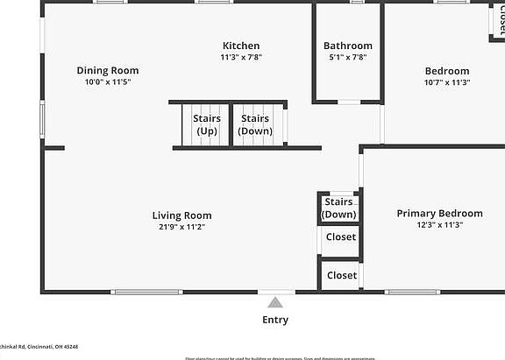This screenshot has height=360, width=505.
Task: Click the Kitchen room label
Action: tap(240, 46)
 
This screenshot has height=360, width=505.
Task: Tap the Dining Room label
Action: tap(107, 71)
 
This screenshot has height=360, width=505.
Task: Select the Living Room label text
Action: tap(181, 215)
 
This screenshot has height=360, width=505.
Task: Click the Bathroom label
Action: tap(347, 46)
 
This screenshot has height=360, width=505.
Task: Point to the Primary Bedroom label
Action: tap(439, 213)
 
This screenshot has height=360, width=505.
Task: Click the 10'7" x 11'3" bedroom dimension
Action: tap(447, 82)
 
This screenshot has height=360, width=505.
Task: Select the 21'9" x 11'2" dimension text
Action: tap(181, 227)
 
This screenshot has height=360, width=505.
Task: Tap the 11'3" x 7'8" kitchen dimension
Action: tap(240, 57)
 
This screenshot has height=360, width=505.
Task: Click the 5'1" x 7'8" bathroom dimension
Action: tap(347, 57)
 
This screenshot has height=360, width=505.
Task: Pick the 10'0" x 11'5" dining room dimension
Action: tap(107, 82)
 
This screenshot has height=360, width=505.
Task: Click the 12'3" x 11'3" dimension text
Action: tap(439, 224)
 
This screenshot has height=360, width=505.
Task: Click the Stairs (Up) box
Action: tap(206, 124)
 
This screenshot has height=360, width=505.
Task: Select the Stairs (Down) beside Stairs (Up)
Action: tap(255, 124)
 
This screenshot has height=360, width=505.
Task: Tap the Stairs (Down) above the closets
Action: tap(339, 208)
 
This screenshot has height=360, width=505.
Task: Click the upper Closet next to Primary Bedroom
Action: tap(341, 237)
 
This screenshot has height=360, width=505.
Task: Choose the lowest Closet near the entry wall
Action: tap(341, 275)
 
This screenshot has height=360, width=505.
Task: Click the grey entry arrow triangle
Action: tap(275, 302)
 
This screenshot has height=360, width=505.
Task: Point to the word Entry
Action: tap(275, 320)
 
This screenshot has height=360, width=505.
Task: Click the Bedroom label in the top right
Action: tap(447, 71)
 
